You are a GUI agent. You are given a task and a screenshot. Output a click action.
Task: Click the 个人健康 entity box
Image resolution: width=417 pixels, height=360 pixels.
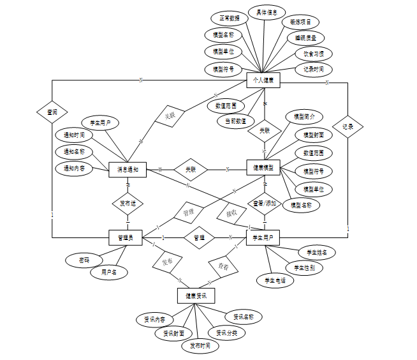[x=263, y=80]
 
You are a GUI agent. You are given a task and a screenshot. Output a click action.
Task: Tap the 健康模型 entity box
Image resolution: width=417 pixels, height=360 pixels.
[x=263, y=167]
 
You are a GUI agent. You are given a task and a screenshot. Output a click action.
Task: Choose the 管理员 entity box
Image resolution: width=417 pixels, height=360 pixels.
[x=124, y=237]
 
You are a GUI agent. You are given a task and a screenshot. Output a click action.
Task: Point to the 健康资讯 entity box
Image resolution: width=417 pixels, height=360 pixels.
[x=196, y=295]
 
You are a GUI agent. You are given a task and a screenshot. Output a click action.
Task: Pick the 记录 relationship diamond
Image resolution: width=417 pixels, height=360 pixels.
[x=347, y=127]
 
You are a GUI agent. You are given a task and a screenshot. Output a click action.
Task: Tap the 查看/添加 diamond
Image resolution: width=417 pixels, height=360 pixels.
[x=264, y=203]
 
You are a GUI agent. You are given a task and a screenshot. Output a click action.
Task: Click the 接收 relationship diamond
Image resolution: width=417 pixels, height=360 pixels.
[x=231, y=213]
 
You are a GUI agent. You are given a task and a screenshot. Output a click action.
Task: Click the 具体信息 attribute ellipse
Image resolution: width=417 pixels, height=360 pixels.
[x=267, y=12]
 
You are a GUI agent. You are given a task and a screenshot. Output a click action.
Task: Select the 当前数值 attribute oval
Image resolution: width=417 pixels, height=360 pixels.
[x=235, y=120]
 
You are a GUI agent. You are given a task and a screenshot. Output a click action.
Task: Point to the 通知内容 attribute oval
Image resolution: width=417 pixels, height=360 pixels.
[x=74, y=169]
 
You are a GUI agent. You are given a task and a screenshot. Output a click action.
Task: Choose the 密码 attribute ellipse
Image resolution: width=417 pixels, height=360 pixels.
[x=84, y=260]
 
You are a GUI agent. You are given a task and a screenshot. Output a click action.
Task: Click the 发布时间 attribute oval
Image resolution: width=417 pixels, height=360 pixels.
[x=200, y=345]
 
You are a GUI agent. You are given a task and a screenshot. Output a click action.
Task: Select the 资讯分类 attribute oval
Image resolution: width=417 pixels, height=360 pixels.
[x=226, y=333]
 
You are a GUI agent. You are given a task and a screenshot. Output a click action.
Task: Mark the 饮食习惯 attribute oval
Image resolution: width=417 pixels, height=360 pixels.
[x=313, y=54]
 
